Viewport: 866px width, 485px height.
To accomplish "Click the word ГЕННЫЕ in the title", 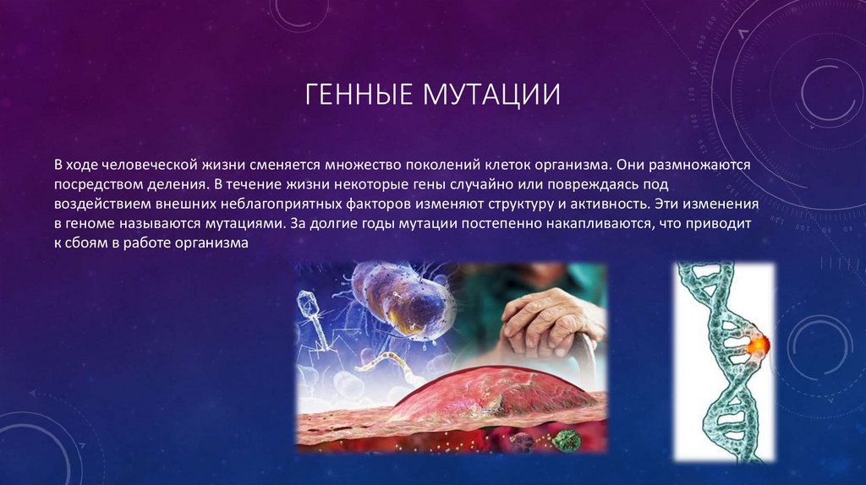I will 354,93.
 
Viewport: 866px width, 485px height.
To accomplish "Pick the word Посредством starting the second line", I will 96,183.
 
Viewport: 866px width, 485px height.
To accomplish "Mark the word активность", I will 606,204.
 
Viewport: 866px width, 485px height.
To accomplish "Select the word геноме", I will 96,224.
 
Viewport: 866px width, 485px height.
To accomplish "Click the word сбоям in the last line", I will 92,244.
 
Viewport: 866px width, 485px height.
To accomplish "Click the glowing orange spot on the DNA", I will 755,345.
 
